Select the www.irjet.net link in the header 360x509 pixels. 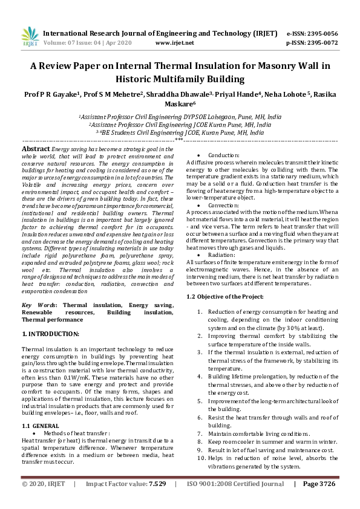tap(174, 43)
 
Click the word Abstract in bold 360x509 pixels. tap(36, 148)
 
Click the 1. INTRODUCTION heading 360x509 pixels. tap(50, 334)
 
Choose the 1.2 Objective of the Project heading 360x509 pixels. tap(225, 296)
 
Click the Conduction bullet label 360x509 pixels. tap(215, 155)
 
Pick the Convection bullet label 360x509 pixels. tap(215, 205)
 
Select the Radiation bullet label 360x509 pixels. tap(214, 255)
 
